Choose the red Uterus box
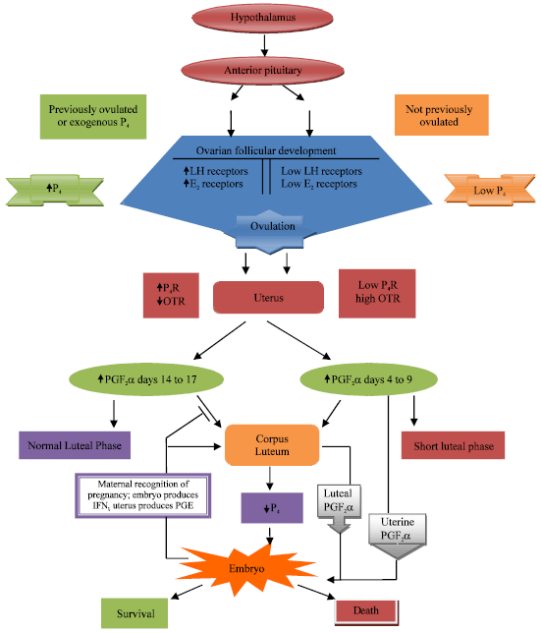coord(268,298)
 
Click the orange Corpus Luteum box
coord(272,444)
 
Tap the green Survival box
coord(131,614)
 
